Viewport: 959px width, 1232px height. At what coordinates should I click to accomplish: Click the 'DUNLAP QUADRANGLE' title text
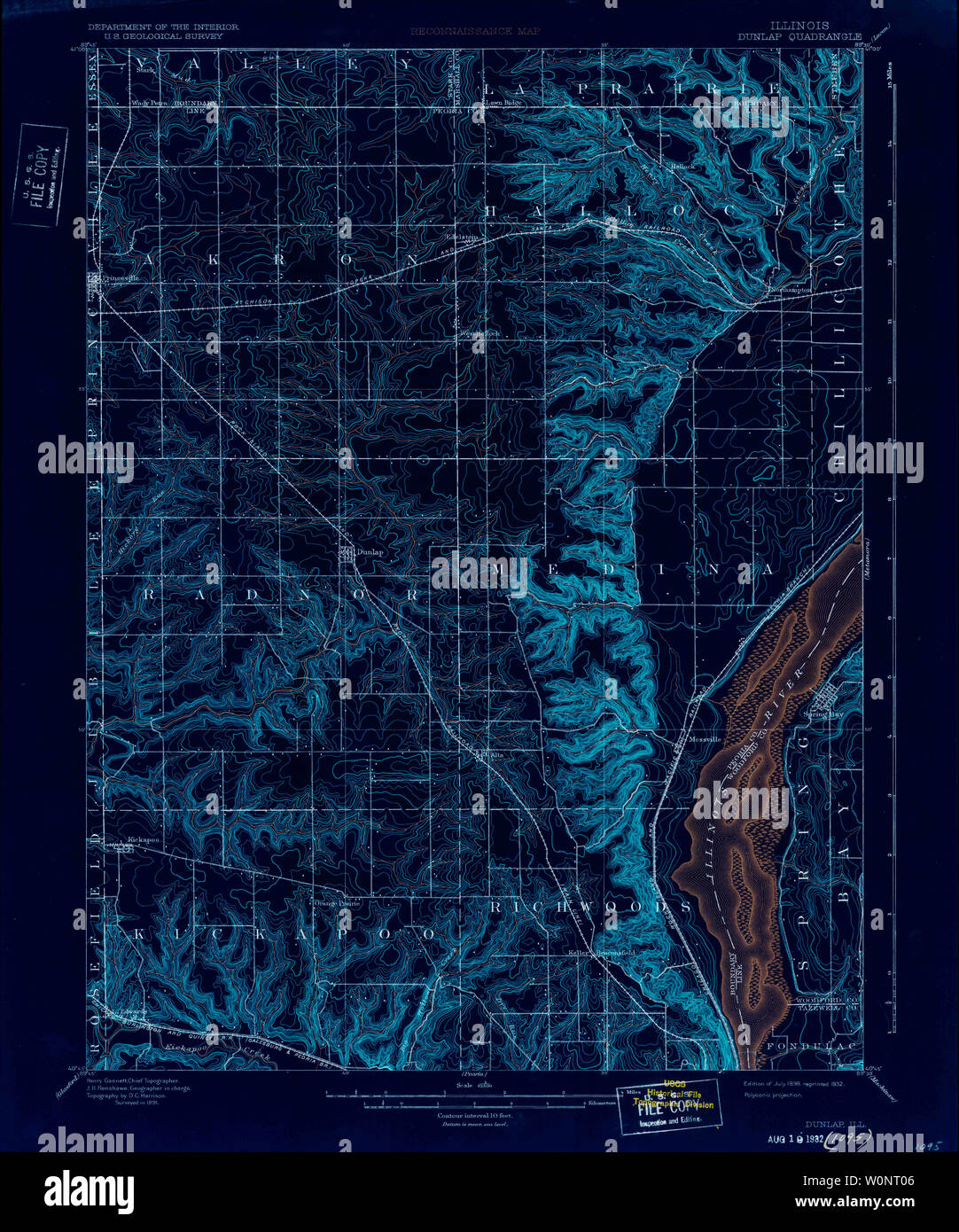[799, 37]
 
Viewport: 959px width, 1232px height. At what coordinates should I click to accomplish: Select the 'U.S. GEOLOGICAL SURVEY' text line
[158, 36]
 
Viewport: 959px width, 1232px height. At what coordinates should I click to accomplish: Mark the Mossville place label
[706, 738]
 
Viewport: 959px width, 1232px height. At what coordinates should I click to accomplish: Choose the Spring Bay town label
[823, 713]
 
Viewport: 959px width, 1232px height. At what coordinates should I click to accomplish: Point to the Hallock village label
[683, 167]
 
